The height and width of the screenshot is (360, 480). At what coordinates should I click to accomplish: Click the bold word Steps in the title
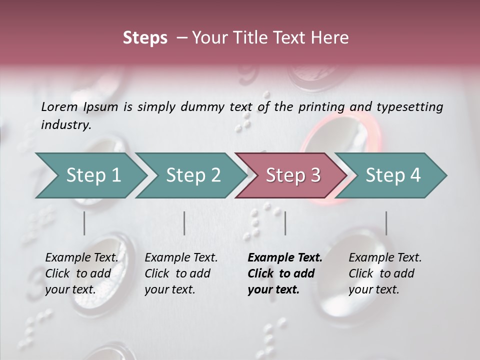coord(145,38)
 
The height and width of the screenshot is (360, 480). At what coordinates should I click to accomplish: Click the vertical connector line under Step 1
coord(84,223)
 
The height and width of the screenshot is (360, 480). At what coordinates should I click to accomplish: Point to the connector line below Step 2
coord(184,223)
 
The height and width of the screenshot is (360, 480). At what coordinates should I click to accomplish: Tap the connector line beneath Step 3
coord(285,223)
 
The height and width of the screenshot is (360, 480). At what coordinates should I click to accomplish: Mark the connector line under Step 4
coord(386,223)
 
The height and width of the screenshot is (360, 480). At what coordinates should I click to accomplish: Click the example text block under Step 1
coord(81,273)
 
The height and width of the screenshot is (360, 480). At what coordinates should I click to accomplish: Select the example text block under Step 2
coord(181,273)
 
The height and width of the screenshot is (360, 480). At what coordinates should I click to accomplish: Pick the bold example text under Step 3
coord(285,273)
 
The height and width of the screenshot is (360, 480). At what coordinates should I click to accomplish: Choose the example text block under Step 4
coord(385,273)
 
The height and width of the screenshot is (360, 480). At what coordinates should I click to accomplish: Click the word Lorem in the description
coord(59,106)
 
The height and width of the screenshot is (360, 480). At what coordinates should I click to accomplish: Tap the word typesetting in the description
coord(410,106)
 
